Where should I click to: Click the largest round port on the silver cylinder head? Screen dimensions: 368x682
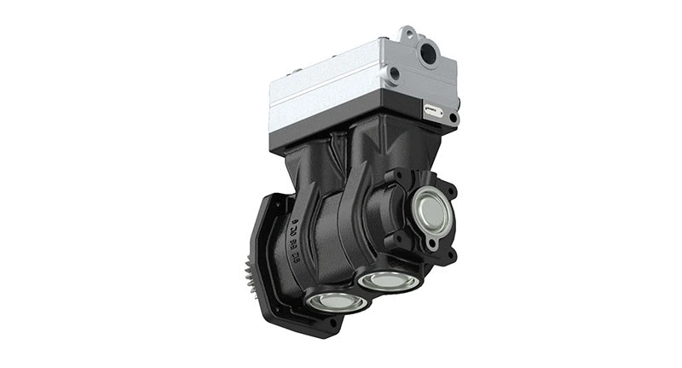tap(429, 55)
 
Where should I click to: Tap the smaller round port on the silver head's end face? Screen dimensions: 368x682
tap(394, 74)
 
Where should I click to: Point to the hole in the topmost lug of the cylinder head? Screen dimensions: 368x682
tap(409, 34)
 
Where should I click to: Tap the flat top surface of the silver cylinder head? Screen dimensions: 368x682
tap(341, 60)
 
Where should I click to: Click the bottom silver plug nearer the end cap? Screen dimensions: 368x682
tap(388, 279)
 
